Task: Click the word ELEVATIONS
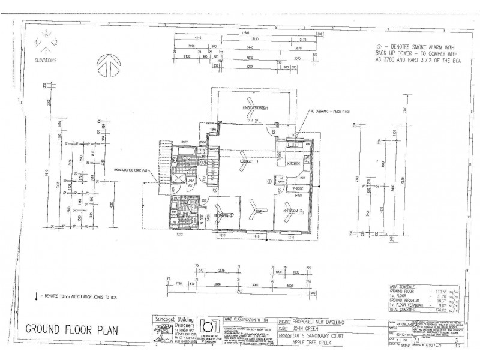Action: point(46,61)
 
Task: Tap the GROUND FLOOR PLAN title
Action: point(72,329)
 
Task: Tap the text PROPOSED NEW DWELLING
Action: point(318,322)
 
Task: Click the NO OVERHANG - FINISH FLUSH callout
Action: point(334,111)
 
